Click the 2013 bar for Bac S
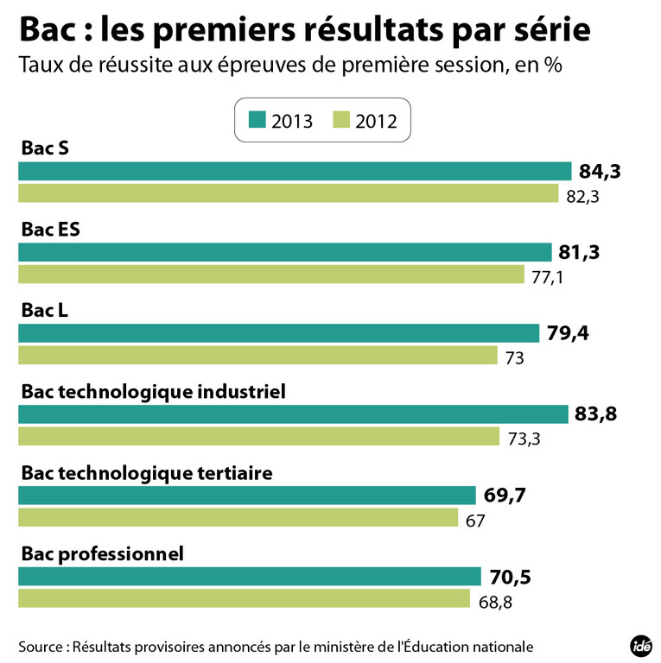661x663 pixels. (x=295, y=171)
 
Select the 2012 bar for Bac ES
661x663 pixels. (x=271, y=275)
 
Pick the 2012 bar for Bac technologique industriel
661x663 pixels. (x=258, y=437)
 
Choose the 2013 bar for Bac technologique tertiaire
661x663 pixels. (x=247, y=496)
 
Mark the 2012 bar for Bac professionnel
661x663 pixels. (x=243, y=599)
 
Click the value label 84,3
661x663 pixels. (x=600, y=172)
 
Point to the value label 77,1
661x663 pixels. (x=548, y=278)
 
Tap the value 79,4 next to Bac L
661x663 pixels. (x=569, y=333)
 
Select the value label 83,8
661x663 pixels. (x=596, y=414)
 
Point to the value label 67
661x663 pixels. (x=474, y=521)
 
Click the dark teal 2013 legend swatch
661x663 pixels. (x=257, y=120)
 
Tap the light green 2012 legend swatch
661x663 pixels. (x=340, y=120)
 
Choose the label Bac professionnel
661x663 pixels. (x=102, y=553)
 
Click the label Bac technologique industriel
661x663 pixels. (x=152, y=391)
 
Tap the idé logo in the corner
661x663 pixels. (x=640, y=645)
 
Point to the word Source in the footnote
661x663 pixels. (x=40, y=646)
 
